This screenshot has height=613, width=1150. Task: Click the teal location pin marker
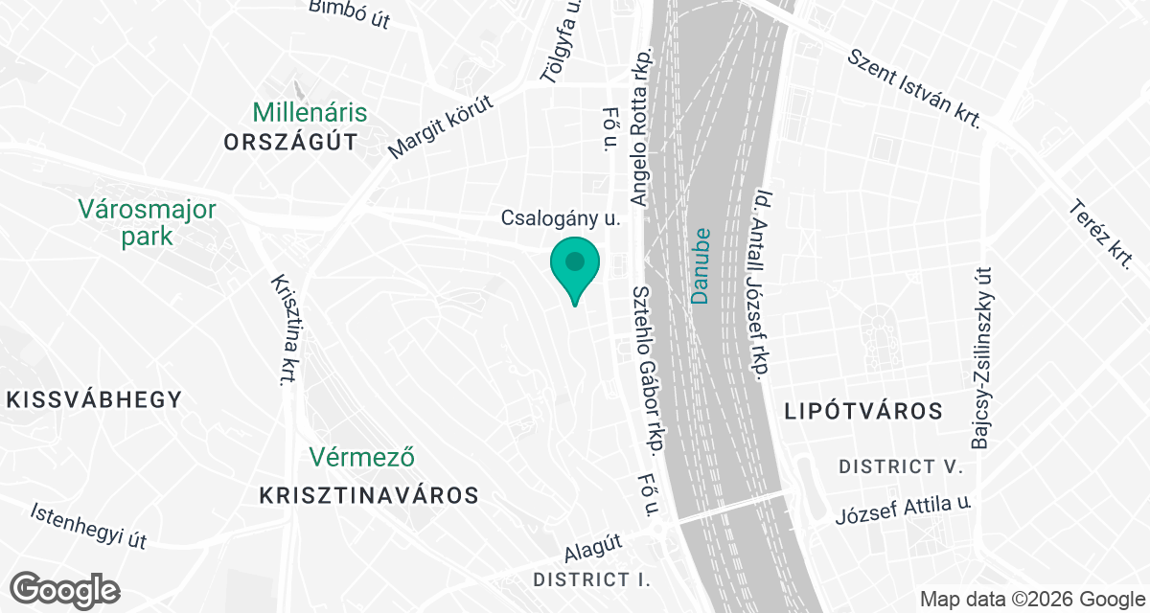(x=574, y=267)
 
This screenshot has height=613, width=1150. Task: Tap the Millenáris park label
(x=310, y=113)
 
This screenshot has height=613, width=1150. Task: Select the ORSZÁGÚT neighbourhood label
(x=290, y=143)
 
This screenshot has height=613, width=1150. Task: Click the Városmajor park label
(x=148, y=222)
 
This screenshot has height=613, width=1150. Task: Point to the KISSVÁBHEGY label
(x=93, y=400)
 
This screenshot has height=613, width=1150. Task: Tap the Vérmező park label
(x=362, y=458)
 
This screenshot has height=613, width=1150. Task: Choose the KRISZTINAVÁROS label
(x=369, y=495)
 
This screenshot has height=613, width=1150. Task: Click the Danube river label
(x=701, y=265)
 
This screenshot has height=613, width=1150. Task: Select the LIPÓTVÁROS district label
(x=863, y=412)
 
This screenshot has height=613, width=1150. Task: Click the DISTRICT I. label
(x=591, y=579)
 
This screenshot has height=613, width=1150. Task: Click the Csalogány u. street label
(x=562, y=218)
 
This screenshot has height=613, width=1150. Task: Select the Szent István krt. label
(x=915, y=89)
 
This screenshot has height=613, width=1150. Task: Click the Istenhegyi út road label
(x=88, y=526)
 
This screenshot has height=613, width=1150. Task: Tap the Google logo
(x=64, y=589)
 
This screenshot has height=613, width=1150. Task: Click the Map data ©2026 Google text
(x=1031, y=600)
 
